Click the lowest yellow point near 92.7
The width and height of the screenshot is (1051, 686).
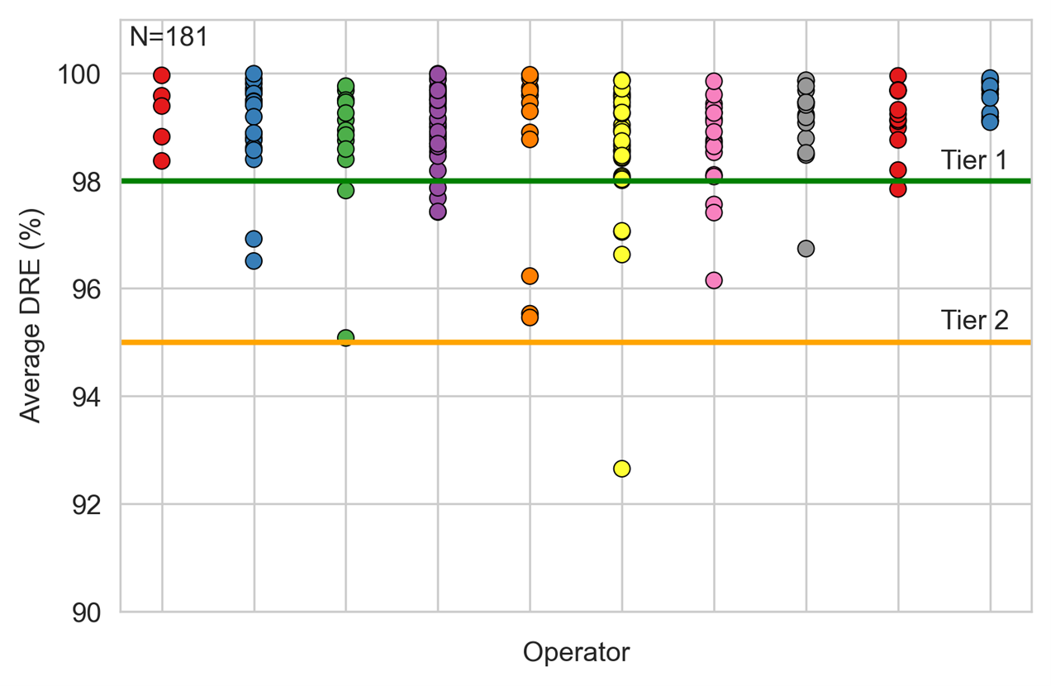(x=621, y=469)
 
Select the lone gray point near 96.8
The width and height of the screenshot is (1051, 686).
(x=806, y=248)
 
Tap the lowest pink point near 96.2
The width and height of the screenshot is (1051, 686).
(x=714, y=280)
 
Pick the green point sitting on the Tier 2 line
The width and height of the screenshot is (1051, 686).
(x=346, y=337)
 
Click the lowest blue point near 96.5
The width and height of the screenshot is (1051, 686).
(x=254, y=261)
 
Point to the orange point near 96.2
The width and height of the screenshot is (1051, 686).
(x=530, y=276)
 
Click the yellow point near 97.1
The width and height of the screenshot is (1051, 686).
(x=621, y=231)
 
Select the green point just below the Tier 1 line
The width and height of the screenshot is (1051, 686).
(x=346, y=190)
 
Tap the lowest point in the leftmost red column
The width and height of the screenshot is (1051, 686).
(x=161, y=161)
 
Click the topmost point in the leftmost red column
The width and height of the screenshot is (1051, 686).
(x=161, y=75)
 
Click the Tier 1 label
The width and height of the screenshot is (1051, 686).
(x=974, y=160)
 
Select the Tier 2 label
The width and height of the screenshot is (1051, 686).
(x=974, y=320)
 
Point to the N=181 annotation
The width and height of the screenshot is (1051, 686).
(x=169, y=36)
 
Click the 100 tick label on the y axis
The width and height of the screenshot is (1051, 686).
(x=78, y=74)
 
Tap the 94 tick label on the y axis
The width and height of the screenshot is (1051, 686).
(x=86, y=398)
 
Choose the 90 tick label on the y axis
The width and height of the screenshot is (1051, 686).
(x=86, y=612)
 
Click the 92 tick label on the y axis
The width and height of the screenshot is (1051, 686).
(x=86, y=505)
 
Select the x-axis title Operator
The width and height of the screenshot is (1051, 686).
(x=576, y=652)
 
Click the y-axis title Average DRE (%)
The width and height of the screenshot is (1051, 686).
(x=31, y=316)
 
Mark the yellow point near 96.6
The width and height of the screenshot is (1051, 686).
(x=621, y=255)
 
